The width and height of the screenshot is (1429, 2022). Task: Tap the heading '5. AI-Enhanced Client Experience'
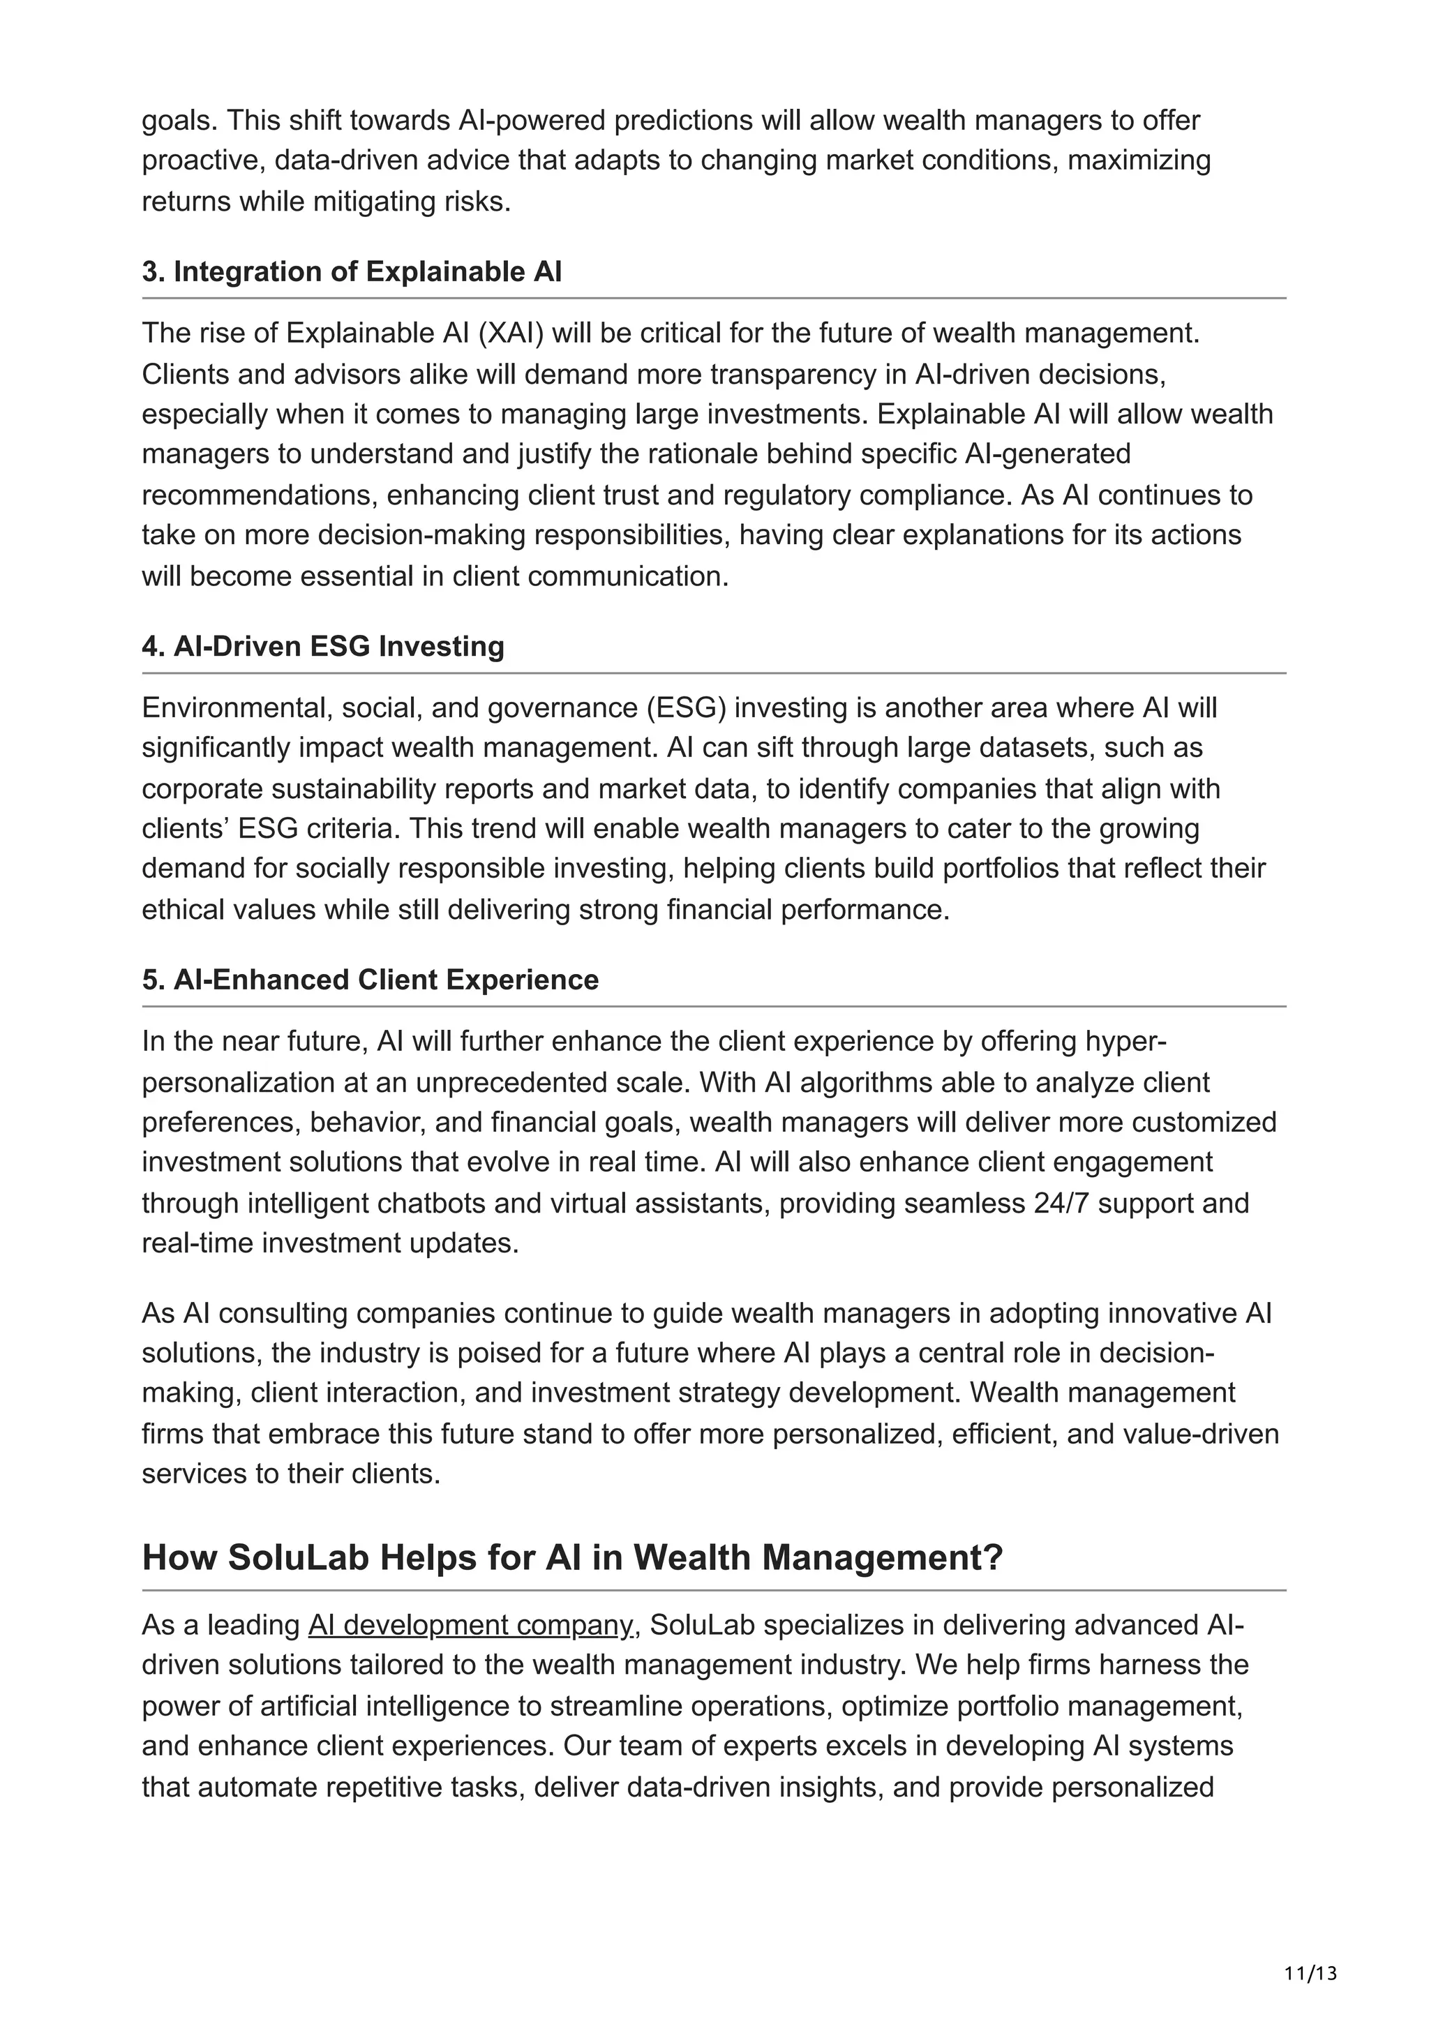pos(370,980)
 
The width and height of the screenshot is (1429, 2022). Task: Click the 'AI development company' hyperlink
pos(470,1625)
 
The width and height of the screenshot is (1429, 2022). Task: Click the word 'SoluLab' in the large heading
pos(299,1558)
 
